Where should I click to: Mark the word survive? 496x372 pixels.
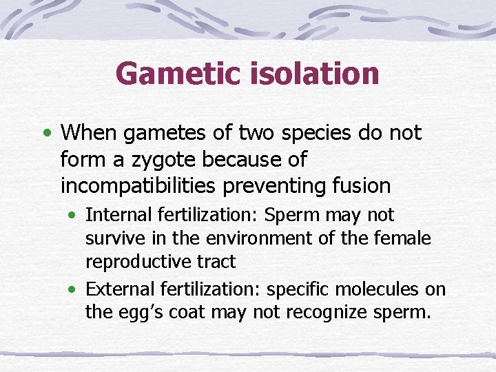(110, 238)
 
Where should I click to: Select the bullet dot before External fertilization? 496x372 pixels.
(74, 289)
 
